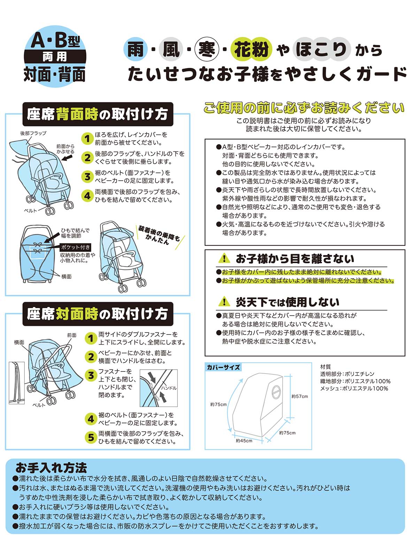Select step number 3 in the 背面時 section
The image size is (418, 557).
pyautogui.click(x=87, y=176)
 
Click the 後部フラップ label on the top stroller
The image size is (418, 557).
pyautogui.click(x=33, y=133)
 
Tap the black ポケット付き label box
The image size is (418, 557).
pyautogui.click(x=76, y=247)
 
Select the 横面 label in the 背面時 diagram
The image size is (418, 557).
pyautogui.click(x=66, y=276)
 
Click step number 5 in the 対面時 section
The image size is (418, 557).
pyautogui.click(x=91, y=437)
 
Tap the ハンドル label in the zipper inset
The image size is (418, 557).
pyautogui.click(x=169, y=388)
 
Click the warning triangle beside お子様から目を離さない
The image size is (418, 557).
pyautogui.click(x=224, y=258)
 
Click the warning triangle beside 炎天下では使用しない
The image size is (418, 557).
pyautogui.click(x=224, y=301)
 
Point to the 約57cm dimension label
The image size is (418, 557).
pyautogui.click(x=300, y=396)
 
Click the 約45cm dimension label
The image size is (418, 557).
pyautogui.click(x=244, y=440)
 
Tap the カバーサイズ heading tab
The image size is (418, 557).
pyautogui.click(x=223, y=367)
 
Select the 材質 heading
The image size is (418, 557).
pyautogui.click(x=326, y=367)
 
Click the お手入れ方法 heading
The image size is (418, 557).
pyautogui.click(x=51, y=467)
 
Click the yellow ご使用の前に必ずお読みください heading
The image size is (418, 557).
pyautogui.click(x=304, y=108)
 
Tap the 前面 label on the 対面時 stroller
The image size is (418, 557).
pyautogui.click(x=72, y=335)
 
